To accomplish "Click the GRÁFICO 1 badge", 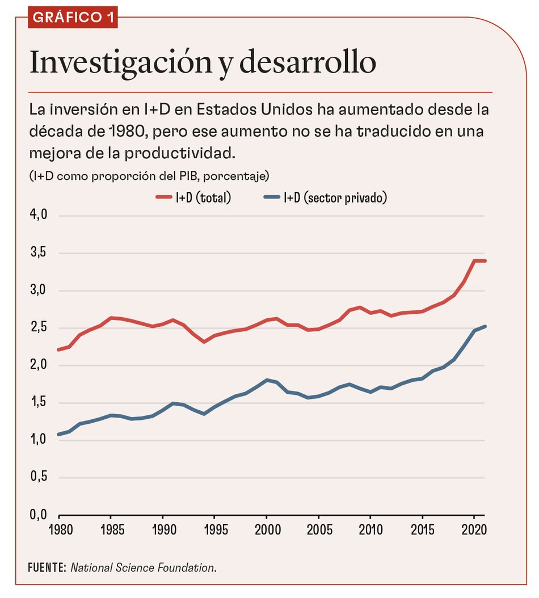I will click(73, 17).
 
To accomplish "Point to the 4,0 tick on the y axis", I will click(38, 216).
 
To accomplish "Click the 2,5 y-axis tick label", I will click(38, 328).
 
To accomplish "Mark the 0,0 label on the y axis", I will click(38, 515).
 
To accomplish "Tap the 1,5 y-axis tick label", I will click(38, 403).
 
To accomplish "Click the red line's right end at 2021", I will click(485, 260).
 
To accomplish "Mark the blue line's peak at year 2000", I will click(267, 380).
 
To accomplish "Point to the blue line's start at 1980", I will click(59, 435).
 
